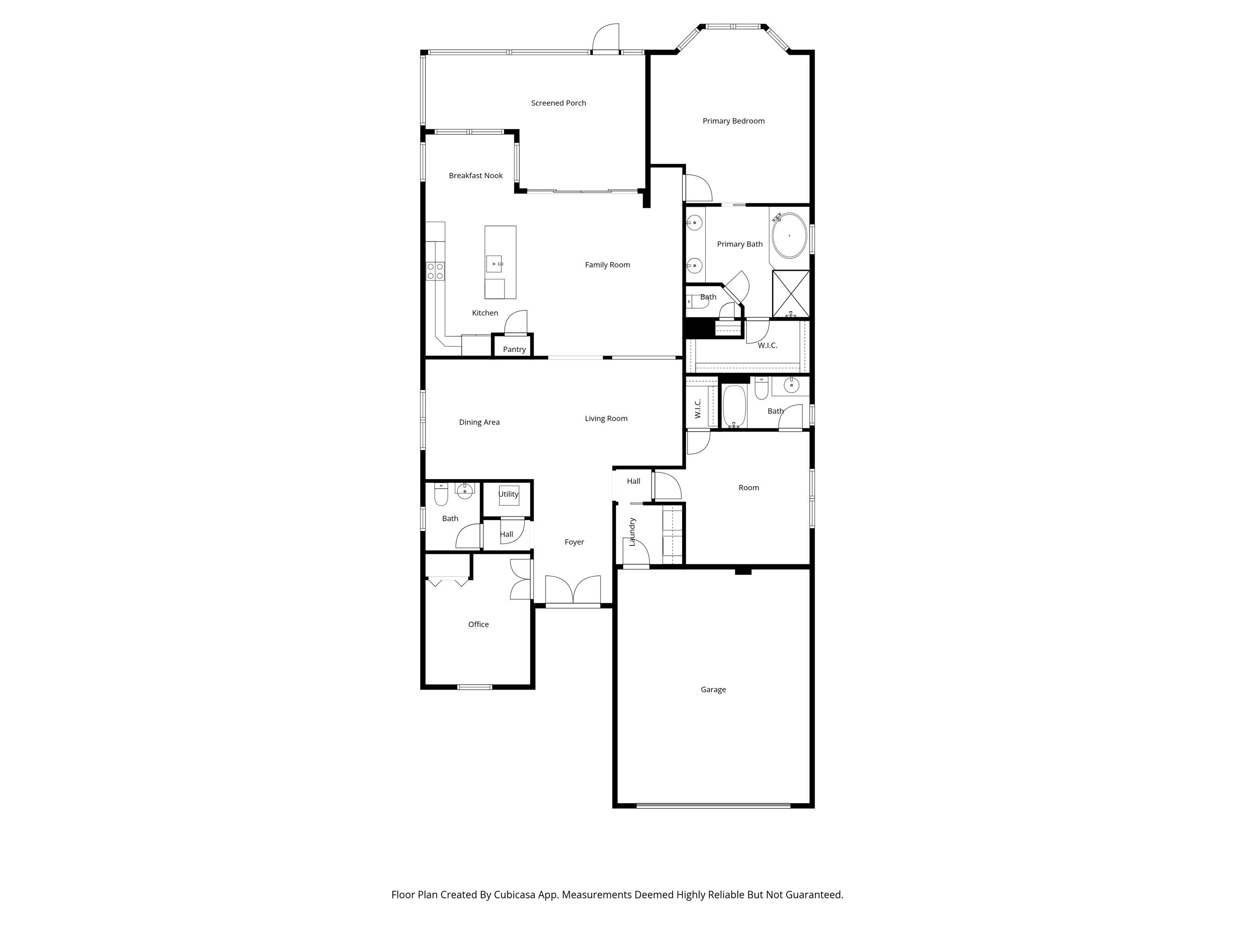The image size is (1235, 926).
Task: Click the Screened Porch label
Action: tap(558, 103)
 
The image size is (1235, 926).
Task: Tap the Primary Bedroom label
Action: tap(733, 121)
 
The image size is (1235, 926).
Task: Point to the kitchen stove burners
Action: tap(435, 271)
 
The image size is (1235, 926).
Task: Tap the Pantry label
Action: tap(514, 349)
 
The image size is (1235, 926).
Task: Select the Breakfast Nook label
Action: tap(476, 175)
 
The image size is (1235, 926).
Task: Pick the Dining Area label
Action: tap(479, 422)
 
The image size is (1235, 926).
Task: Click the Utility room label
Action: tap(508, 494)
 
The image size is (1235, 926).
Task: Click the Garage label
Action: tap(713, 689)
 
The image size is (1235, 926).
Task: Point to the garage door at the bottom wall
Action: tap(713, 805)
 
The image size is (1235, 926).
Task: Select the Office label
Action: tap(478, 624)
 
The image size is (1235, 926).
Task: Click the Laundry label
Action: tap(632, 531)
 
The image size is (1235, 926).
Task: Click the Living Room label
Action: tap(606, 418)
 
